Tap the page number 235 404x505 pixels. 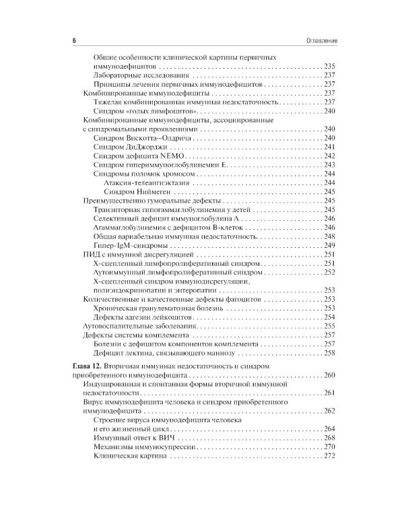[329, 68]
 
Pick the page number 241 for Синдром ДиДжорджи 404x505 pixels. [329, 147]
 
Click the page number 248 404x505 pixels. [329, 237]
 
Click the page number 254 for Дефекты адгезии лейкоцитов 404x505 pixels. [329, 316]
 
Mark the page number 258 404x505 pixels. [329, 352]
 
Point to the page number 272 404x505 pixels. [329, 457]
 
